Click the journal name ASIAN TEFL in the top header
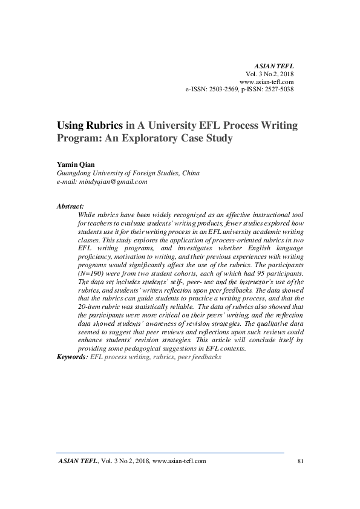click(x=275, y=64)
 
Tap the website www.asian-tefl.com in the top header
click(x=267, y=81)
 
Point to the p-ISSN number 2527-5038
click(x=277, y=89)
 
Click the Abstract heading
click(x=70, y=206)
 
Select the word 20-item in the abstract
click(x=91, y=306)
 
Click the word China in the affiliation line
click(x=191, y=172)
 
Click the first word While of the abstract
click(x=88, y=215)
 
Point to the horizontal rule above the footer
click(x=170, y=452)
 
